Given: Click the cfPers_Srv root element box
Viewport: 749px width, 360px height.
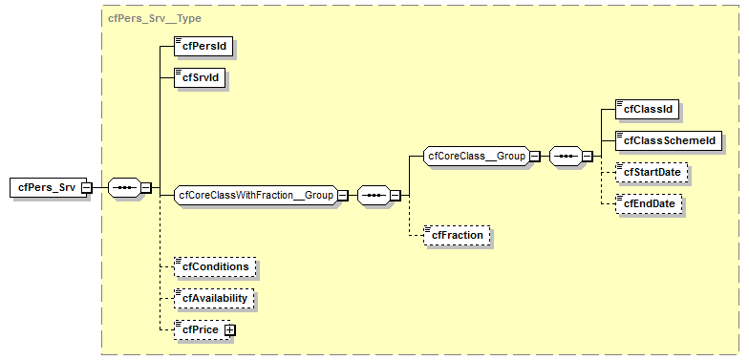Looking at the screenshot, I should (45, 187).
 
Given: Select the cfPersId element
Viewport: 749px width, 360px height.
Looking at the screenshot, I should (203, 45).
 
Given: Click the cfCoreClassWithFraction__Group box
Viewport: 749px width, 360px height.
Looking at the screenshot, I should (256, 196).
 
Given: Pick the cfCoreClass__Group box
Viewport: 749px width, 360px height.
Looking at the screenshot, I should (476, 156).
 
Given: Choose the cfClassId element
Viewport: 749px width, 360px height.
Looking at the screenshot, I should (648, 109).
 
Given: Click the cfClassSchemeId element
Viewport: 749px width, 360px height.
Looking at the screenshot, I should (668, 140).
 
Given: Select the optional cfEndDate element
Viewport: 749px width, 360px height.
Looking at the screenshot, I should (652, 203).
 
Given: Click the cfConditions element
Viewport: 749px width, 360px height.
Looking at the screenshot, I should (216, 266).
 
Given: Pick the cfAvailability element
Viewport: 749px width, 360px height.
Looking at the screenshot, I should (214, 298).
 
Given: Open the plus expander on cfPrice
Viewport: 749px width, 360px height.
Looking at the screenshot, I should (229, 330).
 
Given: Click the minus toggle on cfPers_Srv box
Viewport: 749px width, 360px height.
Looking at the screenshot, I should (87, 187).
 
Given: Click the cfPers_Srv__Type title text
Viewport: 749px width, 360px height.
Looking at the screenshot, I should (154, 18).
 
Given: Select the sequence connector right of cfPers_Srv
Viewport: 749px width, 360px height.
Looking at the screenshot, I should (124, 187).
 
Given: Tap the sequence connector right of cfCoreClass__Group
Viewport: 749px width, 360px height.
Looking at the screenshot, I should (566, 156).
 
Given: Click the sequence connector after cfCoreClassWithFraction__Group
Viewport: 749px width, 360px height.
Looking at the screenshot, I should (374, 196).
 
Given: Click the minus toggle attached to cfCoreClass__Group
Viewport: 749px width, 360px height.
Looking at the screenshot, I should (535, 156).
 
